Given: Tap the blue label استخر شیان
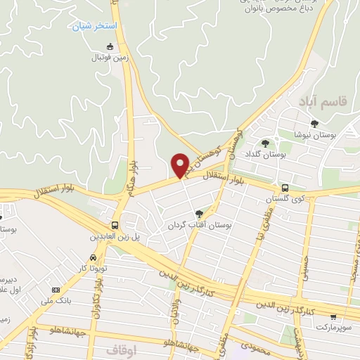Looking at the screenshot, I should click(x=97, y=26).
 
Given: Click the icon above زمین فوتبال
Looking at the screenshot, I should click(x=109, y=47).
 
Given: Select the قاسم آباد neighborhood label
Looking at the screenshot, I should click(x=322, y=103).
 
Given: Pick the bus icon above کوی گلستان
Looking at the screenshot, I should click(x=285, y=188).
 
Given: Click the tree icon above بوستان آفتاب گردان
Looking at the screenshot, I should click(x=200, y=214).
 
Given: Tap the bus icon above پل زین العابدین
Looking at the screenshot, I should click(x=114, y=225).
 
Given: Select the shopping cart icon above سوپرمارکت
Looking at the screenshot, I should click(x=333, y=317).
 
